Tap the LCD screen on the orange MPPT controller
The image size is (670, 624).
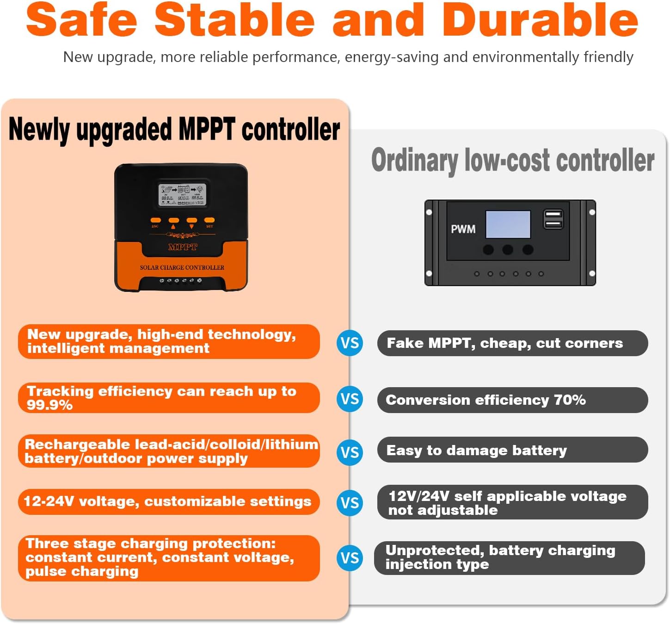(182, 195)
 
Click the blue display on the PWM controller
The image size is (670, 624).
(508, 224)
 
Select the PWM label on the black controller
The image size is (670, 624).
(463, 229)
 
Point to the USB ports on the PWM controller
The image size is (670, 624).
(553, 219)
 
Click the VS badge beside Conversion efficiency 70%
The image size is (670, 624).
(350, 399)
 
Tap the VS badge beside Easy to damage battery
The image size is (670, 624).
(350, 452)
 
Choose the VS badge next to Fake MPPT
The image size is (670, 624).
(350, 343)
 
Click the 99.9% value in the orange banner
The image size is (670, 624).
(49, 405)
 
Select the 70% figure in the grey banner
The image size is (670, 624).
(570, 400)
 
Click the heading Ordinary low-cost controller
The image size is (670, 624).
(512, 161)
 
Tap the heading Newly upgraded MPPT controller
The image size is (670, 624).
(174, 129)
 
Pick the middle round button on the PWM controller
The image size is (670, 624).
(507, 250)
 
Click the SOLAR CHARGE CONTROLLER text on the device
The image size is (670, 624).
(182, 267)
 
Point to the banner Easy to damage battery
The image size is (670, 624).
(512, 450)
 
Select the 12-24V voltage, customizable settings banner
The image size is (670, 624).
(168, 501)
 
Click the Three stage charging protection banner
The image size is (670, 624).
(168, 557)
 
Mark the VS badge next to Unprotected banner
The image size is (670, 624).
(350, 558)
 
